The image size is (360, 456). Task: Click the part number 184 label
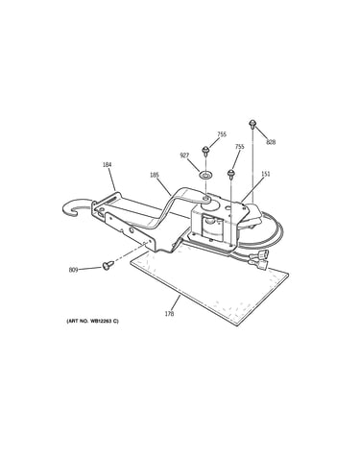tap(107, 165)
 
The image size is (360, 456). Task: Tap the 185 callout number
tap(155, 175)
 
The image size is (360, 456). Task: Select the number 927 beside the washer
tap(184, 156)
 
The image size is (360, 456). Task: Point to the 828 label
tap(271, 142)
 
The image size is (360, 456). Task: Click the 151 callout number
tap(266, 174)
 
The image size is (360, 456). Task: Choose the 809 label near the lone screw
tap(73, 270)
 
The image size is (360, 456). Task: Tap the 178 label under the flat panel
tap(169, 314)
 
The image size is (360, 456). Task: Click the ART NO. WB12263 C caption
tap(92, 321)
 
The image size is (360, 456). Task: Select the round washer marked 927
tap(204, 175)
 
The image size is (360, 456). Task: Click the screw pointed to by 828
tap(252, 124)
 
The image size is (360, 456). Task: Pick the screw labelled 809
tap(108, 265)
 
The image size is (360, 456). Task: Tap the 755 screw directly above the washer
tap(204, 151)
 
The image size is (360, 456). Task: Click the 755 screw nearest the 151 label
tap(230, 174)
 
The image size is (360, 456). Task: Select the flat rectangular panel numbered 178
tap(209, 287)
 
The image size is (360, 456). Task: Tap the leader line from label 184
tap(111, 179)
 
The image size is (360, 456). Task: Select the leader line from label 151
tap(253, 189)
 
